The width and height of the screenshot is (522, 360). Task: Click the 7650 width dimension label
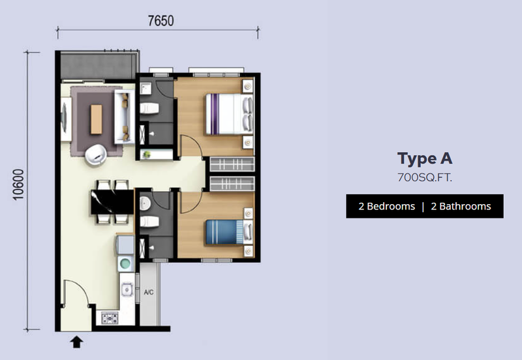tap(161, 21)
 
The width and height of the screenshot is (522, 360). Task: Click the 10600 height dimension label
tap(19, 185)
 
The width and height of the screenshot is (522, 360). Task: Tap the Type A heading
tap(425, 158)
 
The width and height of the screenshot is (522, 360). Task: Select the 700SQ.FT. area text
tap(425, 177)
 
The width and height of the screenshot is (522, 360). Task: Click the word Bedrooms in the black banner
tap(391, 206)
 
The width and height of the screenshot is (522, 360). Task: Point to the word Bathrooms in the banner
tap(465, 206)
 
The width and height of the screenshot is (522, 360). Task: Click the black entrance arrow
tap(76, 342)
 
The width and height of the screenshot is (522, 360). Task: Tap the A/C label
tap(149, 292)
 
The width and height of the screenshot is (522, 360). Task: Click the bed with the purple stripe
tap(229, 114)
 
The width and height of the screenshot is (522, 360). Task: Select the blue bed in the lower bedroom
tap(229, 232)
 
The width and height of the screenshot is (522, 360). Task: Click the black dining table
tap(112, 202)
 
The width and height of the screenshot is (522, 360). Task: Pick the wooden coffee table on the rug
tap(96, 119)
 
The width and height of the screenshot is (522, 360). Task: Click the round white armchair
tap(95, 155)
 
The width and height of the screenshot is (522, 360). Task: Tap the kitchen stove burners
tap(110, 318)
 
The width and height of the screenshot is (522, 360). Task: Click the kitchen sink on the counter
tap(127, 290)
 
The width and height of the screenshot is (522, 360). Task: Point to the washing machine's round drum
tap(125, 264)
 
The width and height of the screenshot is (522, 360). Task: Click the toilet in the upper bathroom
tap(149, 108)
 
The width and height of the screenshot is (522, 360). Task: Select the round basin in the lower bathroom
tap(145, 203)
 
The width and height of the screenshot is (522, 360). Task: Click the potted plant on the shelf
tap(146, 155)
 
